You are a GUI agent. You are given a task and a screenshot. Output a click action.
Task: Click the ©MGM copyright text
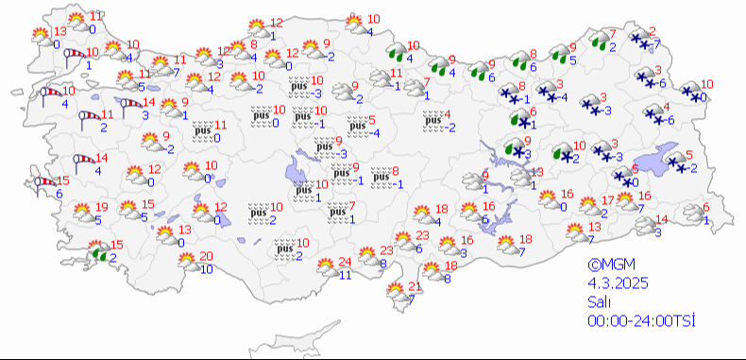(607, 266)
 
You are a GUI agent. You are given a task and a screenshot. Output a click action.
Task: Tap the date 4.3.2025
(615, 283)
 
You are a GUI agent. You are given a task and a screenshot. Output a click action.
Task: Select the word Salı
(597, 302)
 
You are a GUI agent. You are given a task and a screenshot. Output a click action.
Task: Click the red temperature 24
(345, 262)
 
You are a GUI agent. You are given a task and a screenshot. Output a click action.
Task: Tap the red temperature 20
(207, 256)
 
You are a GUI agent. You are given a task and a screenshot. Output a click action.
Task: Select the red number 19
(101, 207)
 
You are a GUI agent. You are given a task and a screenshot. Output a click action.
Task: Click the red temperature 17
(608, 199)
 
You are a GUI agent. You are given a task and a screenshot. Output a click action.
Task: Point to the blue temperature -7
(656, 44)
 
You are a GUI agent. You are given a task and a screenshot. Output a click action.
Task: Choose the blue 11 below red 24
(346, 275)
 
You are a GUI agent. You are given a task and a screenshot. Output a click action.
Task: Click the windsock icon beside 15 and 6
(44, 183)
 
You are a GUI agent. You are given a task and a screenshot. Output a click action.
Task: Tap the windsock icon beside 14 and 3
(127, 104)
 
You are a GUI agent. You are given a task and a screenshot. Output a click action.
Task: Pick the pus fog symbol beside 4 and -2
(433, 119)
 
